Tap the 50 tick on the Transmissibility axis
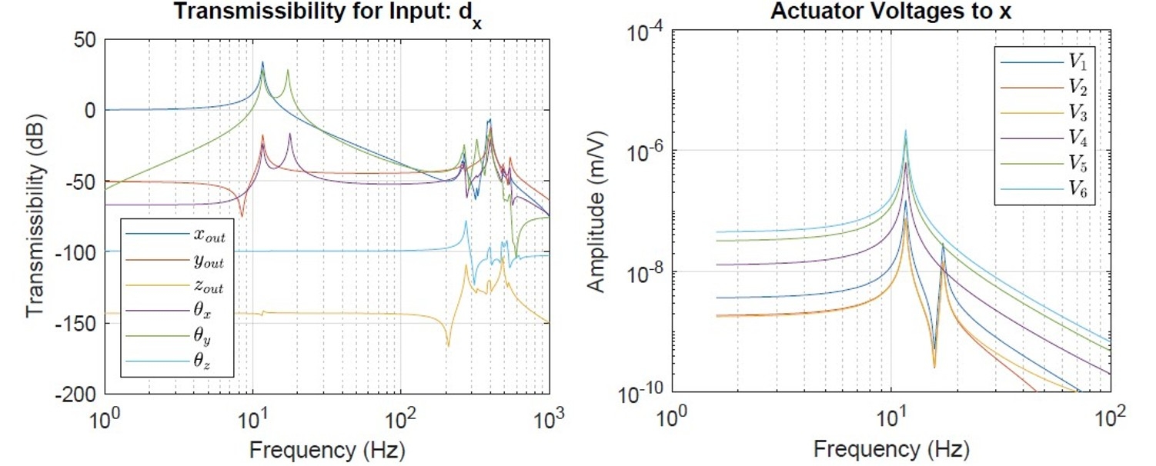85,39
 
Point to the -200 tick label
75,394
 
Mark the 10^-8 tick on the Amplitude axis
646,272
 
